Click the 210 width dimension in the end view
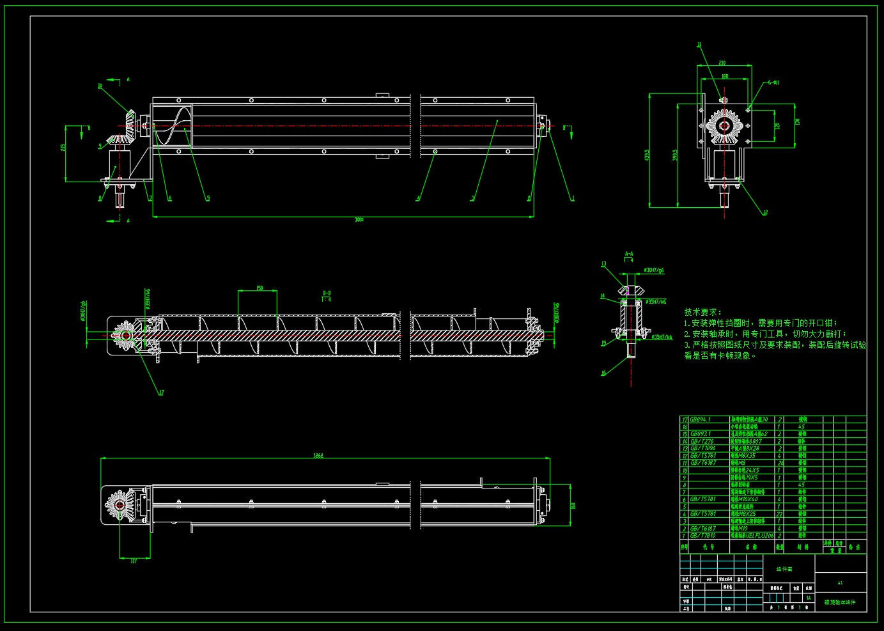point(722,63)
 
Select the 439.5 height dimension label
point(647,155)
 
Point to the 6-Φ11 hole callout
point(773,82)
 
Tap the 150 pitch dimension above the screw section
point(260,288)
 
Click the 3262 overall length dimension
point(318,456)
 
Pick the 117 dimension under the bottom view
point(134,561)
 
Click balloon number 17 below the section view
point(161,393)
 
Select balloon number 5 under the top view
point(208,199)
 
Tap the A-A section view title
point(629,254)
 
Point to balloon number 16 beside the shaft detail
point(603,373)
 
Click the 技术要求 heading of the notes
point(701,312)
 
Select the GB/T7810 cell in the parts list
point(702,536)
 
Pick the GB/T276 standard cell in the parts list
point(701,441)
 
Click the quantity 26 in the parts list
point(780,463)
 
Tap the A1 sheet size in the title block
point(840,583)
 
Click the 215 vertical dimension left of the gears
point(64,147)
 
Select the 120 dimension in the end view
point(777,126)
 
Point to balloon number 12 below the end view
point(765,213)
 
